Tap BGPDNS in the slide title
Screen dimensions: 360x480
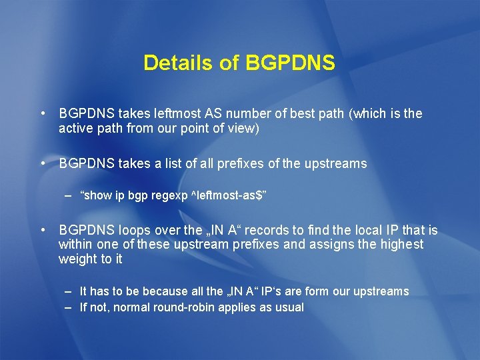coord(290,63)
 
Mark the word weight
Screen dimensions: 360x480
coord(77,259)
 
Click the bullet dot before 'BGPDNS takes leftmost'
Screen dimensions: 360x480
coord(42,113)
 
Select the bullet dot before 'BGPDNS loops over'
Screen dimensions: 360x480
coord(42,230)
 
